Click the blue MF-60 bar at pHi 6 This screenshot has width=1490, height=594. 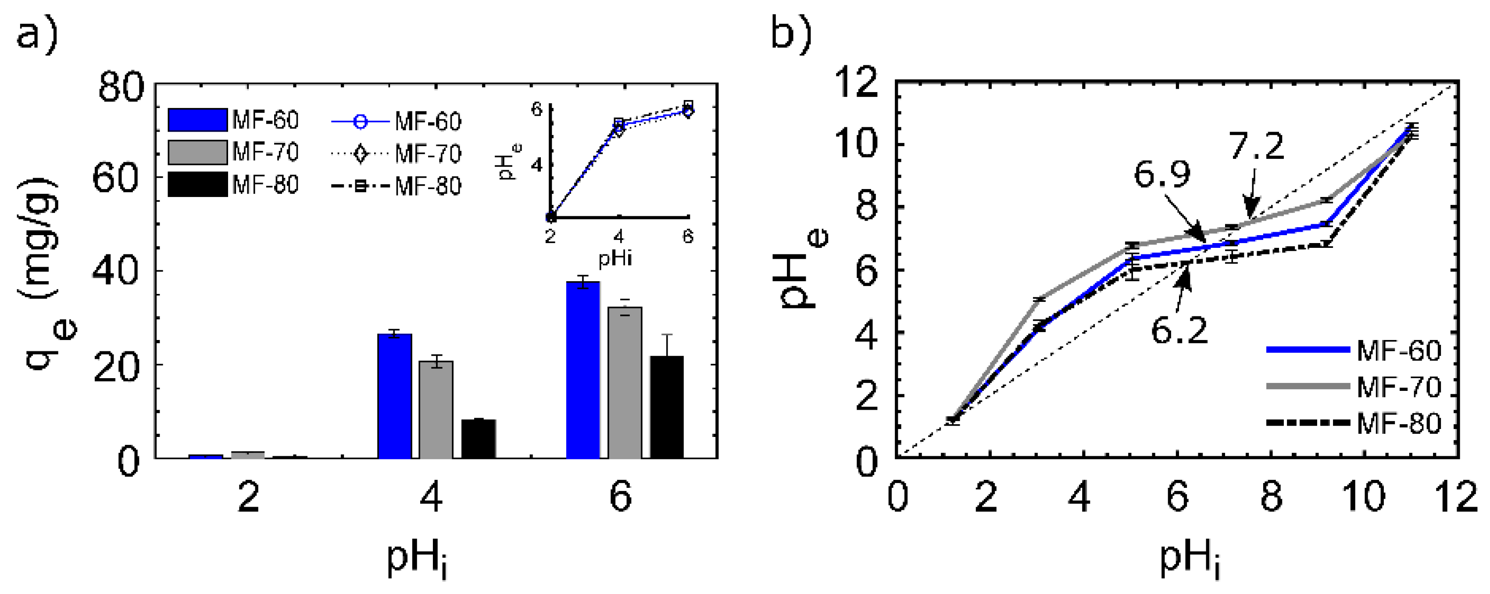pos(582,370)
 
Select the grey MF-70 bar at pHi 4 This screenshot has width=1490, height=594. pos(436,409)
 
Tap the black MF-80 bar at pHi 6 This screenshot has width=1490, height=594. pos(666,407)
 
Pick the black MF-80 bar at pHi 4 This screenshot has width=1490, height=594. pos(479,438)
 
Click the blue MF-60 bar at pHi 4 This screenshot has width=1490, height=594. pos(394,396)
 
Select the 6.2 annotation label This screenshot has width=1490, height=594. pos(1179,331)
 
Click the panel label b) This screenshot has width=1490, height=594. pos(791,35)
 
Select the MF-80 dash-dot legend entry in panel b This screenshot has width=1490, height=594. pos(1354,423)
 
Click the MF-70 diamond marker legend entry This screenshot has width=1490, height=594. pos(396,154)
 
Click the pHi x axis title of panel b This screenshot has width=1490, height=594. pos(1189,559)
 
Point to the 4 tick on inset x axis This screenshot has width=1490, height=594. pos(618,236)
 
